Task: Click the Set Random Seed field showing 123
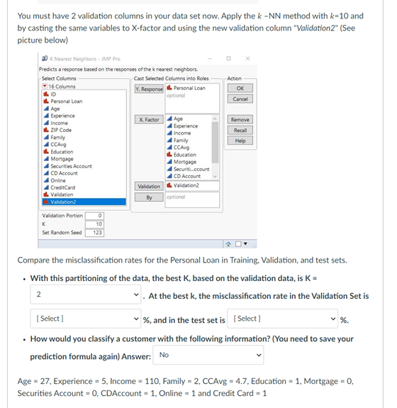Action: [x=97, y=232]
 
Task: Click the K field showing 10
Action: [x=97, y=224]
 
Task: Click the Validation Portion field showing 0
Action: [x=97, y=216]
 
